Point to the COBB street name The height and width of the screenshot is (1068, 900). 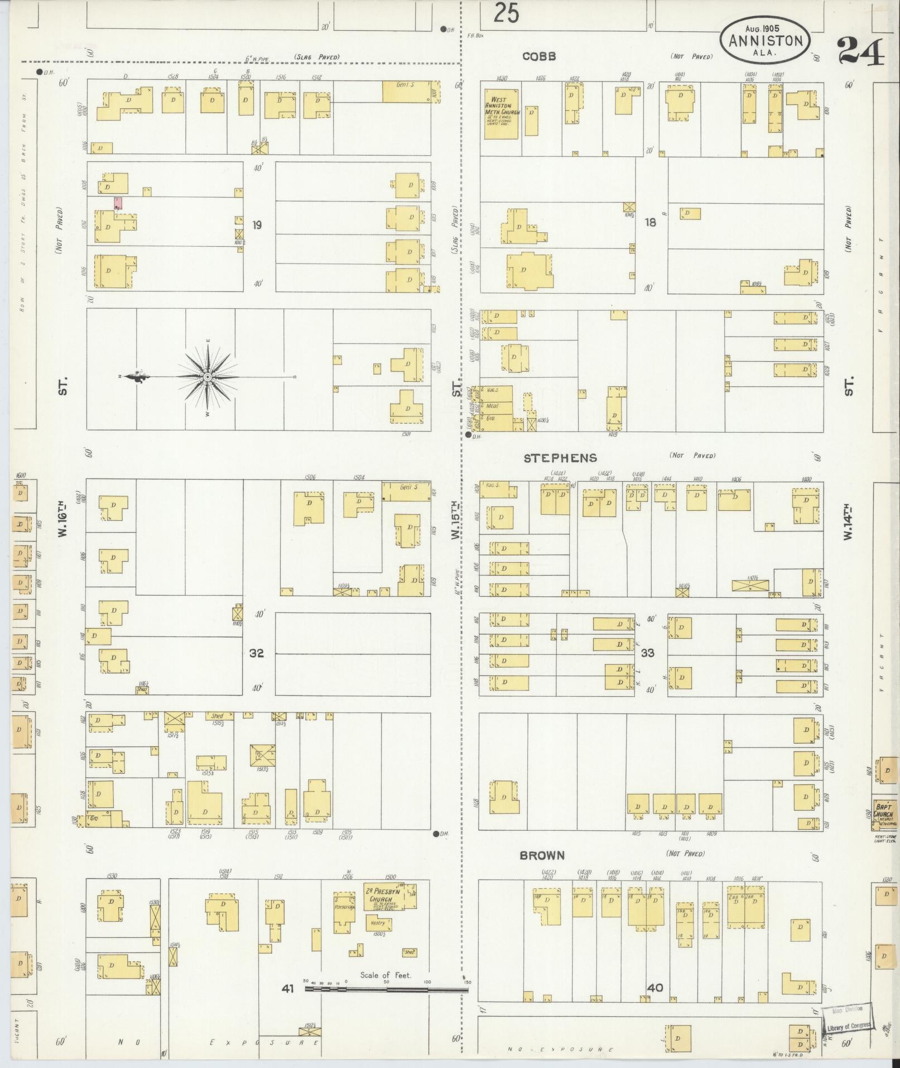[x=539, y=56]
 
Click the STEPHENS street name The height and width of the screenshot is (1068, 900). [x=560, y=458]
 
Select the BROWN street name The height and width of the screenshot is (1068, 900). [x=542, y=855]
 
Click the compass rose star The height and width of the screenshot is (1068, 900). [x=208, y=378]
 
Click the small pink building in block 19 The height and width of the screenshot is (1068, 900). [x=118, y=203]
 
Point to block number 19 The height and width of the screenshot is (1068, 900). [x=256, y=225]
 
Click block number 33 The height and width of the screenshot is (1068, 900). [x=648, y=653]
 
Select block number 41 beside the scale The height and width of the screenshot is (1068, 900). [x=287, y=989]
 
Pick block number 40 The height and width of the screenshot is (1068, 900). [x=655, y=987]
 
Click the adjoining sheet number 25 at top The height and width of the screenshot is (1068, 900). [x=506, y=13]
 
